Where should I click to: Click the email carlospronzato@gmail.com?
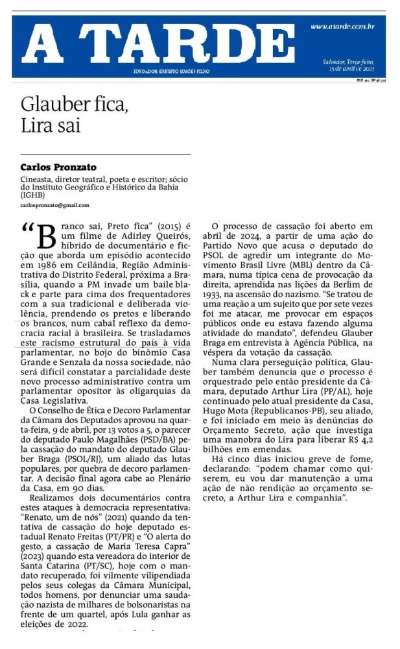(55, 205)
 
